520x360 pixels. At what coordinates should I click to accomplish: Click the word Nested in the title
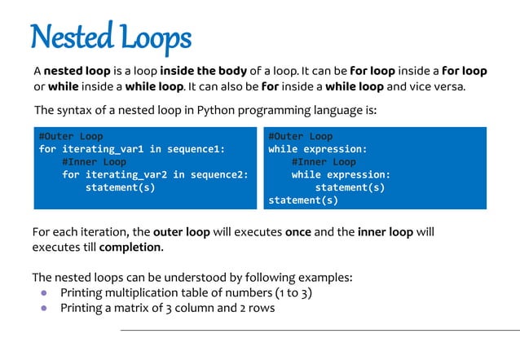click(68, 37)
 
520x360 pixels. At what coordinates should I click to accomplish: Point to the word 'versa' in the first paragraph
click(447, 87)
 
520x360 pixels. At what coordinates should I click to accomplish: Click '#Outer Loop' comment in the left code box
click(71, 137)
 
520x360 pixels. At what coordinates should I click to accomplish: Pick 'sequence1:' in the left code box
click(195, 149)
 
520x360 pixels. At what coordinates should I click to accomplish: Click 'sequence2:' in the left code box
click(218, 174)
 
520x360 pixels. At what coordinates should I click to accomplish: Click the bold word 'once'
click(297, 232)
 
